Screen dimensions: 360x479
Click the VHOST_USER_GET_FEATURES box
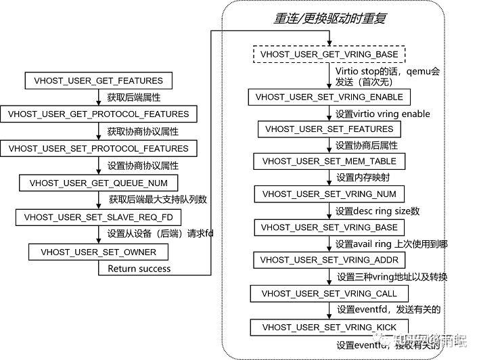[x=98, y=81]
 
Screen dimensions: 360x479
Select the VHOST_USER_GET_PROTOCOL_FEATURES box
[x=99, y=114]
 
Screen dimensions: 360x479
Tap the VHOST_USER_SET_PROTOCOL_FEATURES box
[x=99, y=148]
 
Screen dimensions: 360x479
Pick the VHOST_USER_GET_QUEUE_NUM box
[x=99, y=183]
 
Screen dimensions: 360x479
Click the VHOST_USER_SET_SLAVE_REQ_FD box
[x=99, y=217]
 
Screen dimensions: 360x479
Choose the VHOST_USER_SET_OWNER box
[x=99, y=252]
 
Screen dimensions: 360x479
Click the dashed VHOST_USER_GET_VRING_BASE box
[x=329, y=54]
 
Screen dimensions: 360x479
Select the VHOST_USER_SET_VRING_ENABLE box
[x=329, y=97]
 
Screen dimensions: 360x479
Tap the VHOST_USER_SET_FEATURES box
[x=329, y=129]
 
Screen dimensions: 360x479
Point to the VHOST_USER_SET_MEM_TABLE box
[x=329, y=161]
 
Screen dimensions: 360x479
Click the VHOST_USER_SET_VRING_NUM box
[x=329, y=194]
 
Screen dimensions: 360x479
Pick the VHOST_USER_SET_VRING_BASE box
[x=329, y=227]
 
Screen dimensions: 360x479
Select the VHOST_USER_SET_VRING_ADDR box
[x=329, y=260]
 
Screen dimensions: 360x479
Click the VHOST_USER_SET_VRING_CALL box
[x=329, y=294]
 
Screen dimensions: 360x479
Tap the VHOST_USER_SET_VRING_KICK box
[x=329, y=328]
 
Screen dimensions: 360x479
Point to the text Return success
[x=139, y=269]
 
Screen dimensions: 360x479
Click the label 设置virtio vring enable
[x=382, y=113]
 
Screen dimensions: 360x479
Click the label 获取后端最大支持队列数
[x=157, y=200]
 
